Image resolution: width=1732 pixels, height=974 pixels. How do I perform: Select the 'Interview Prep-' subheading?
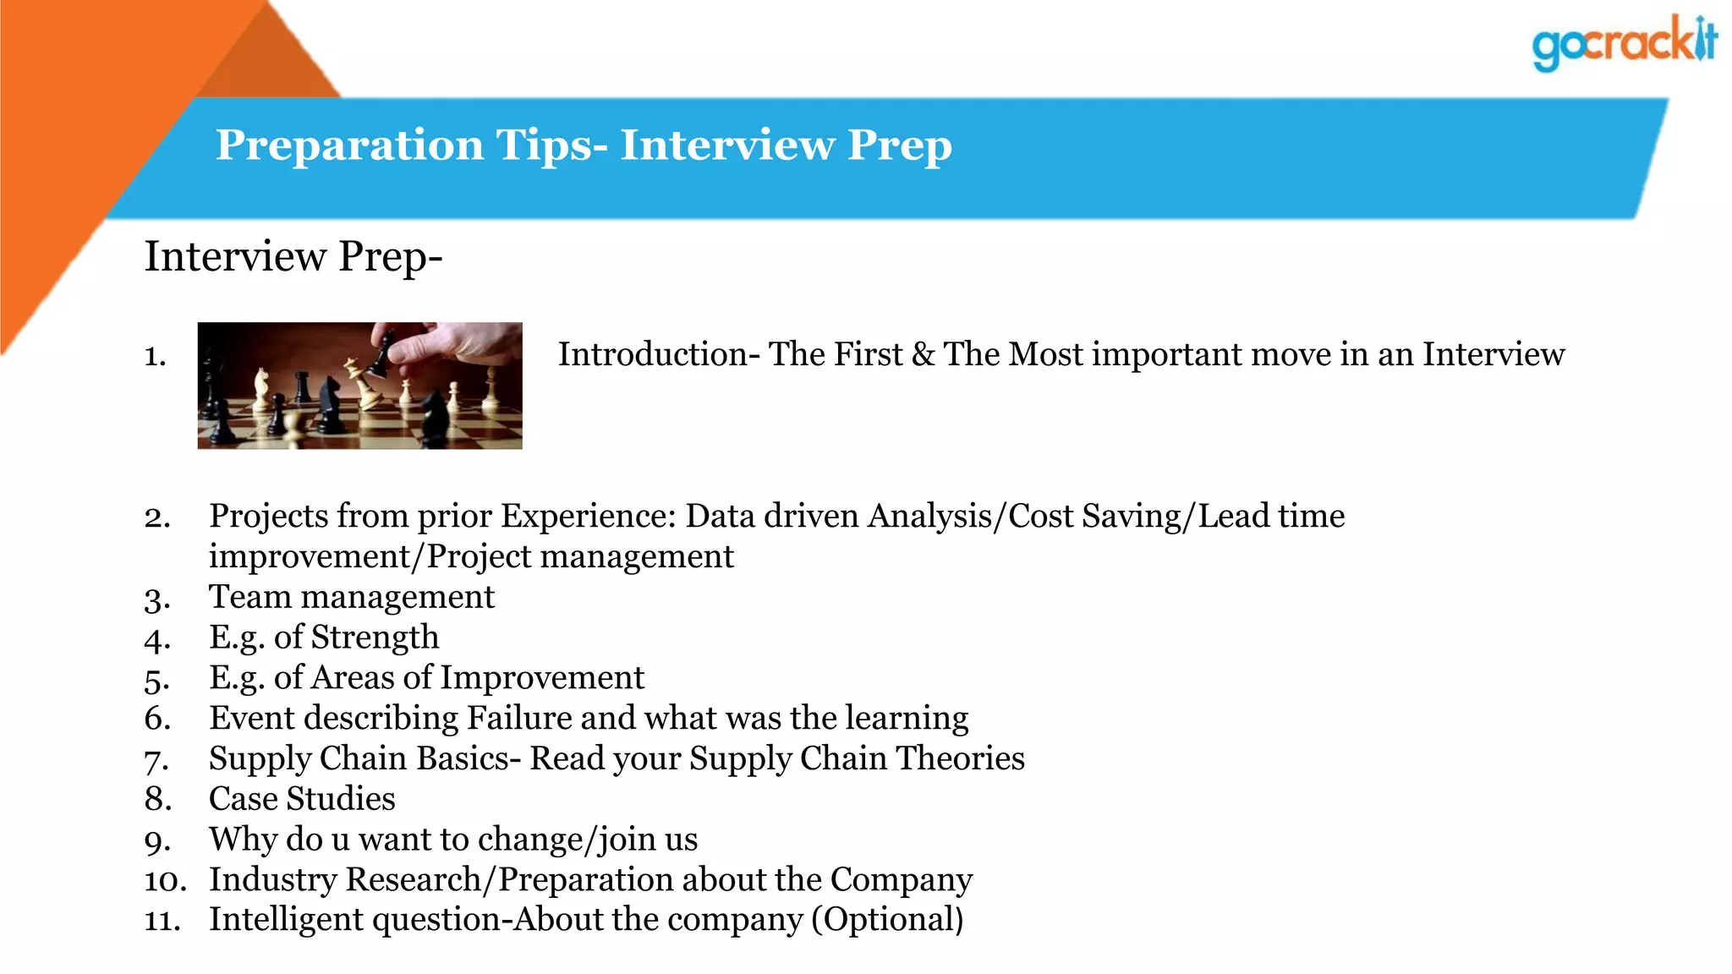(293, 256)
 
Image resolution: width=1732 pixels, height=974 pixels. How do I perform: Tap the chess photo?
(359, 386)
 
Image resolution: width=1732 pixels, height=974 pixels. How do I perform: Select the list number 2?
(157, 517)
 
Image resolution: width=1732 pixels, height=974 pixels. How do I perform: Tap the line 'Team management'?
(351, 597)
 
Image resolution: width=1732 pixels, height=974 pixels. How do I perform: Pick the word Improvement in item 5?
(542, 677)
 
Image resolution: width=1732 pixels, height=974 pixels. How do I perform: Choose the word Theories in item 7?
(961, 758)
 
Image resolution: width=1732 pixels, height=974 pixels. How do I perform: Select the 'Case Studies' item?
(302, 799)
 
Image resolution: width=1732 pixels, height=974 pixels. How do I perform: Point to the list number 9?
(157, 840)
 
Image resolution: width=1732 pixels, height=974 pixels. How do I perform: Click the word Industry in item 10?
(273, 879)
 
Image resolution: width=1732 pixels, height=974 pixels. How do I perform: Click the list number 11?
(162, 920)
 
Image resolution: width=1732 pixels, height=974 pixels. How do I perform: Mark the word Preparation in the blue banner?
(349, 145)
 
